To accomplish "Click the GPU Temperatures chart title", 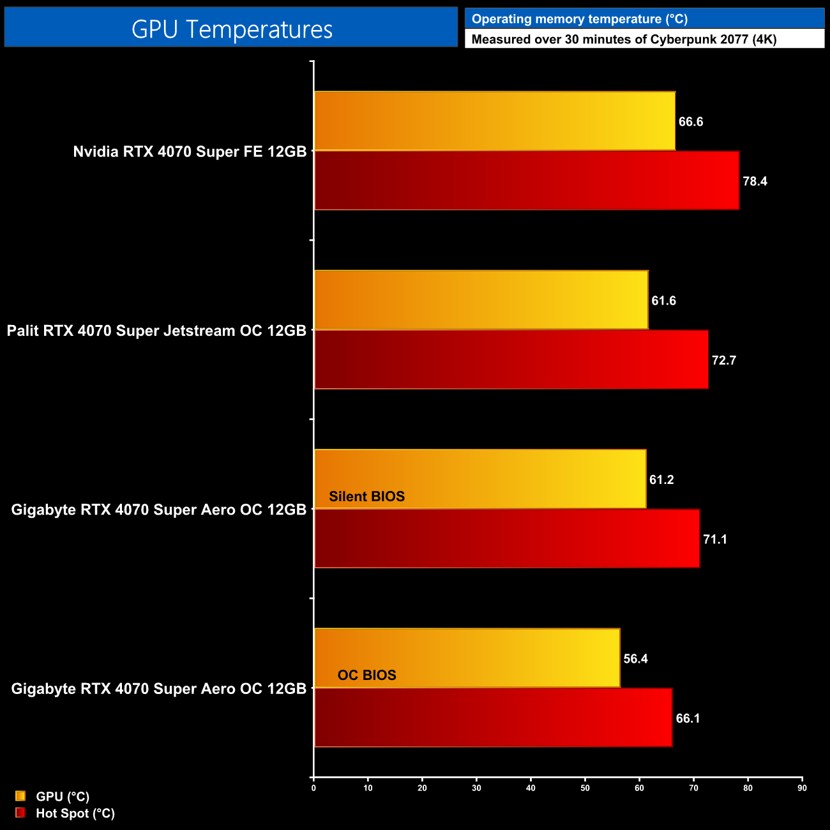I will (232, 29).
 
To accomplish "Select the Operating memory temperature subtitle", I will (579, 19).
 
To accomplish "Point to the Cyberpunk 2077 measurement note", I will (623, 40).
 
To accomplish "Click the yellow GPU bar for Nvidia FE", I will (495, 121).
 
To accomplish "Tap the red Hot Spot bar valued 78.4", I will (527, 181).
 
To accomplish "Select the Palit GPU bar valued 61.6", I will (481, 300).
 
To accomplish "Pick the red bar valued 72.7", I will (511, 359).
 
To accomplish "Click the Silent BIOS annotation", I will (366, 497).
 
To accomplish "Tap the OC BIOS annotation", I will (366, 675).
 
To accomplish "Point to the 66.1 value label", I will (688, 718).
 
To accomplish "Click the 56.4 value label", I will (635, 659).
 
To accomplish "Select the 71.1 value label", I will (715, 539).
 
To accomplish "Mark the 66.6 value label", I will (691, 122).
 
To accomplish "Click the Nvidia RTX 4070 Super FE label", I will (190, 152).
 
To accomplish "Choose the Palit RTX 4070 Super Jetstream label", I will (156, 331).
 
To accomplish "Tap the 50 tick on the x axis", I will (585, 788).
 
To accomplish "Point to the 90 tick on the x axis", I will (802, 788).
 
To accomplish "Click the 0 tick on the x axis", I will (313, 788).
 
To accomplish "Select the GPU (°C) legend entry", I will (62, 796).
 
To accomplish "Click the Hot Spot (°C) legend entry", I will (75, 813).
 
